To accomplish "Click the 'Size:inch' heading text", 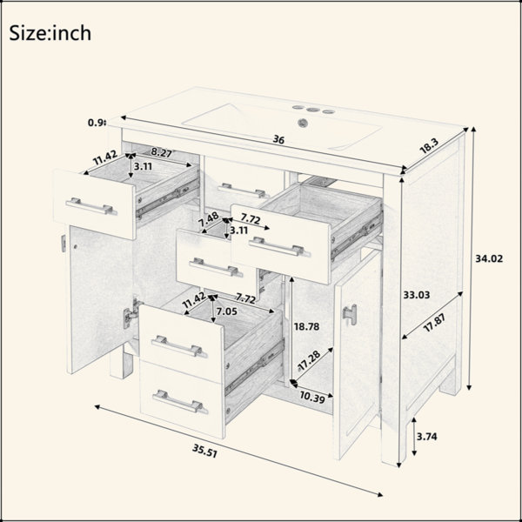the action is (x=50, y=33).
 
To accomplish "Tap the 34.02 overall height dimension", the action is (x=489, y=258).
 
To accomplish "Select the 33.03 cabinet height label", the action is (x=417, y=295).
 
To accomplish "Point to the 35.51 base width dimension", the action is (x=204, y=451).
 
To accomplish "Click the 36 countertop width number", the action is (x=278, y=139).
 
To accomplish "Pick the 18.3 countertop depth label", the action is (x=430, y=146).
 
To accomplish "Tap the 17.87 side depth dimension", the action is (x=434, y=323).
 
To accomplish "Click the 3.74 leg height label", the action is (x=427, y=437).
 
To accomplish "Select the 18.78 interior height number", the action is (x=306, y=326).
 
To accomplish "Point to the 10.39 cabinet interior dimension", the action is (x=312, y=398).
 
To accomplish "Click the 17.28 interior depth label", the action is (x=309, y=359).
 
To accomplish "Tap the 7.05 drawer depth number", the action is (x=227, y=311).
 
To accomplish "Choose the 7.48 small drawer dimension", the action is (x=209, y=219).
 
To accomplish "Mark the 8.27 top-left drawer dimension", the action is (x=162, y=153).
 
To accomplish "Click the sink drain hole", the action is (x=302, y=123).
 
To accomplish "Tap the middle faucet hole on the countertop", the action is (x=312, y=110).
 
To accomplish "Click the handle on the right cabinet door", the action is (x=350, y=314).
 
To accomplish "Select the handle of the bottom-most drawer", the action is (x=180, y=401).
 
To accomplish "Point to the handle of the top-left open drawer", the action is (x=90, y=206).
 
